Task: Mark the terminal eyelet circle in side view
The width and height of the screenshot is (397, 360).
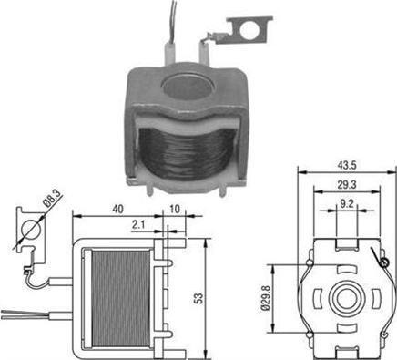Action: pyautogui.click(x=31, y=229)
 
